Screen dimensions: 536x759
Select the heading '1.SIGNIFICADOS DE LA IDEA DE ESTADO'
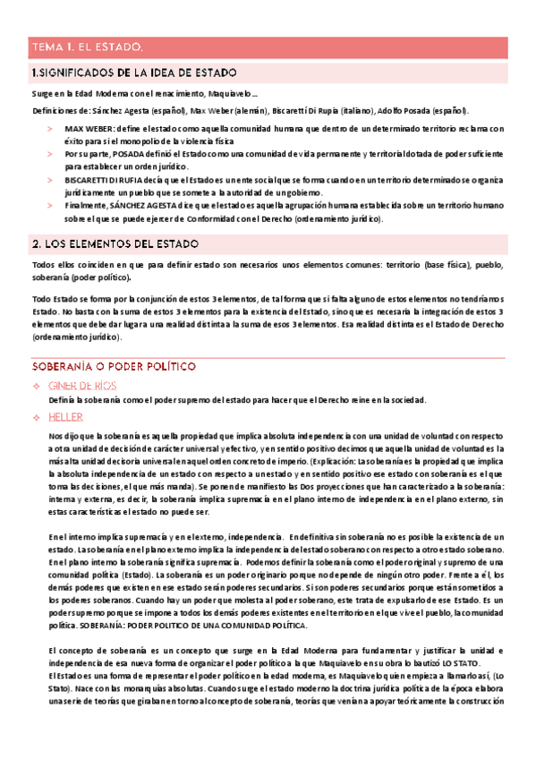[x=134, y=72]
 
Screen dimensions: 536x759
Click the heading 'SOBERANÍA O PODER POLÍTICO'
[x=114, y=367]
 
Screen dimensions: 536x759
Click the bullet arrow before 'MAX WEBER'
[x=50, y=129]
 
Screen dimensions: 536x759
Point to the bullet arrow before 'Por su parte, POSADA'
[x=50, y=154]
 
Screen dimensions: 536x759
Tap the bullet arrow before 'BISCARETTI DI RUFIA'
[x=50, y=180]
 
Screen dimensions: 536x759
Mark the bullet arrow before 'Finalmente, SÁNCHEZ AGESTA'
[x=50, y=205]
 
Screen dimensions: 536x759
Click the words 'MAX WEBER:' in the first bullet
[x=86, y=129]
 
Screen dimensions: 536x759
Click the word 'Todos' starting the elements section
[x=43, y=265]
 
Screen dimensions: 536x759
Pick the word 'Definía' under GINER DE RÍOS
[x=63, y=399]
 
